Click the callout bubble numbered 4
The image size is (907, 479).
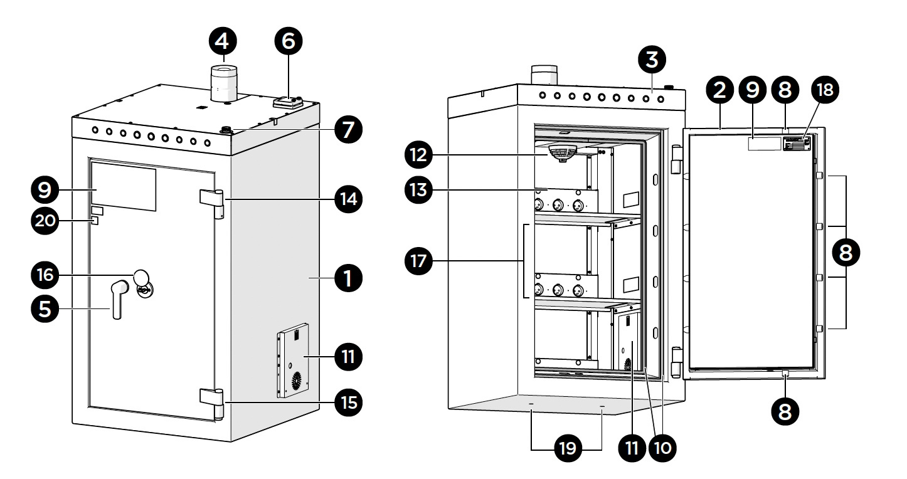pyautogui.click(x=223, y=41)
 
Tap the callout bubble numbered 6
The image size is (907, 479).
pyautogui.click(x=289, y=41)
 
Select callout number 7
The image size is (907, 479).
pyautogui.click(x=348, y=129)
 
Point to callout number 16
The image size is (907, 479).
pyautogui.click(x=45, y=275)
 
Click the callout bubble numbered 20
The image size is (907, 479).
pyautogui.click(x=45, y=221)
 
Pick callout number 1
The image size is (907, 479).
pyautogui.click(x=348, y=278)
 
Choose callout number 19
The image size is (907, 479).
pyautogui.click(x=567, y=448)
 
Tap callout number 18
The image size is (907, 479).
pyautogui.click(x=825, y=90)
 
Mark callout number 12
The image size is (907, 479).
pyautogui.click(x=418, y=154)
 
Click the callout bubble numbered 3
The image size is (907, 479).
pyautogui.click(x=652, y=60)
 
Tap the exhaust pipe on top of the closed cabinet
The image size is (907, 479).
pyautogui.click(x=224, y=83)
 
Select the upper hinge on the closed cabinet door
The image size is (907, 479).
pyautogui.click(x=212, y=204)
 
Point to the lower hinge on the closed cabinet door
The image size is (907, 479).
pyautogui.click(x=212, y=404)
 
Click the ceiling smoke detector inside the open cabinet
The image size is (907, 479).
pyautogui.click(x=561, y=154)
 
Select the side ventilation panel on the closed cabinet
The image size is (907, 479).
pyautogui.click(x=293, y=361)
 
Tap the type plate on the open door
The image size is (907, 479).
pyautogui.click(x=797, y=143)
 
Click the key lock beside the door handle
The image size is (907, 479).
pyautogui.click(x=144, y=289)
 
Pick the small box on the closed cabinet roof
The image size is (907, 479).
pyautogui.click(x=289, y=102)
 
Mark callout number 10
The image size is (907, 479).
pyautogui.click(x=662, y=448)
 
